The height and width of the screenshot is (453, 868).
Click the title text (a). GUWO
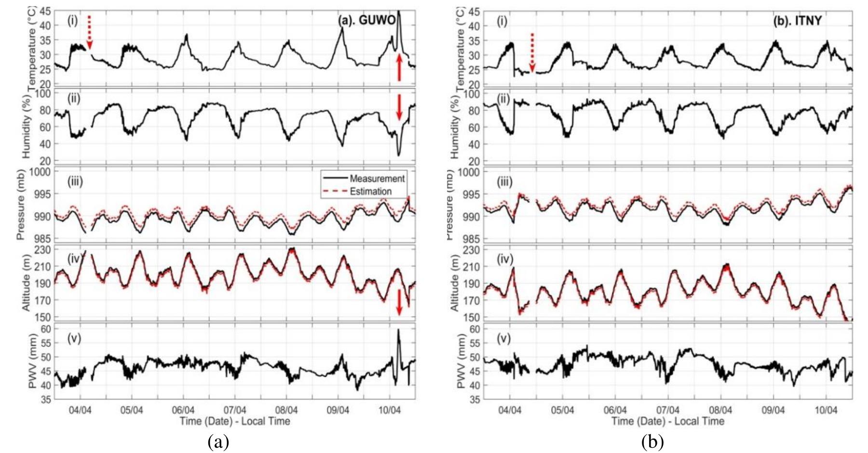click(x=366, y=20)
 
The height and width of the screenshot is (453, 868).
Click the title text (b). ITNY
click(x=798, y=21)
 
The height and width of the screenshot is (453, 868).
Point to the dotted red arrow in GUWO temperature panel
click(x=89, y=32)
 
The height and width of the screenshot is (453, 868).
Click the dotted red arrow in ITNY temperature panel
click(x=532, y=53)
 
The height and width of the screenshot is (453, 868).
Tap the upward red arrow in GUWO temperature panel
click(x=399, y=67)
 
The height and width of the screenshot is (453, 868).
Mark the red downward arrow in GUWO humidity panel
click(x=399, y=107)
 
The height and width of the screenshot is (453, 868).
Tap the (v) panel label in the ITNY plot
click(x=504, y=338)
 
